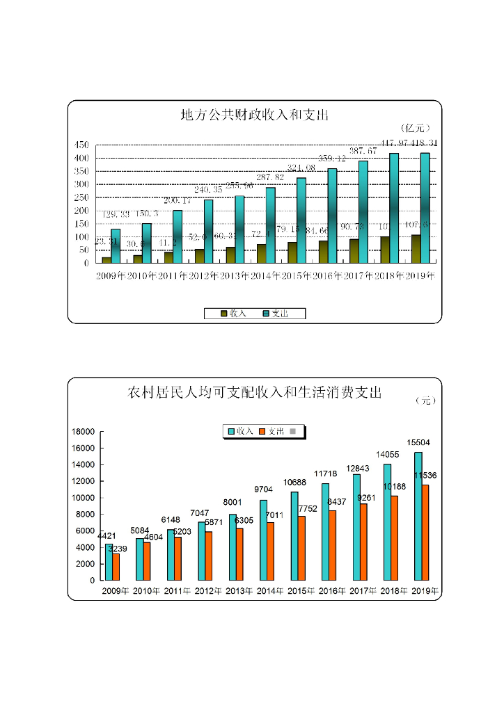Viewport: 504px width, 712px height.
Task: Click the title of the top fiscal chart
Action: [254, 115]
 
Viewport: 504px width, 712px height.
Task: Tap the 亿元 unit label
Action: [416, 128]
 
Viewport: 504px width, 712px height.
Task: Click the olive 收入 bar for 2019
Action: [416, 249]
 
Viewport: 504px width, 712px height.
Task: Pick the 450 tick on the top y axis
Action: [82, 145]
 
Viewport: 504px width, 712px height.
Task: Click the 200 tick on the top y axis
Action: [82, 211]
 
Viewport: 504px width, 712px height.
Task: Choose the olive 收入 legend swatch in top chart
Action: [224, 314]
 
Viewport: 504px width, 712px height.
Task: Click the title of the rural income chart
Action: [255, 393]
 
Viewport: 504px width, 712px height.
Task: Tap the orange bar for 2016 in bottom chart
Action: [332, 545]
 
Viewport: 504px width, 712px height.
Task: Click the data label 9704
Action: [262, 489]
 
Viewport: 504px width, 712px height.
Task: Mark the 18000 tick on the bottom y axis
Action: [83, 432]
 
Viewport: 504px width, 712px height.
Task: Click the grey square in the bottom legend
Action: [292, 432]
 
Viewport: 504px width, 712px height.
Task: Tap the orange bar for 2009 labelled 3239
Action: [116, 567]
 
